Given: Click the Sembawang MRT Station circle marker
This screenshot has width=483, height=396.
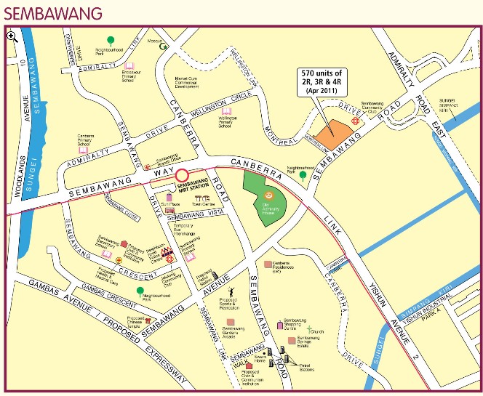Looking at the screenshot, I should coord(182,175).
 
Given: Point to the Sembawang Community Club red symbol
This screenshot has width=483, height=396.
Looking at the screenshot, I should coord(356,121).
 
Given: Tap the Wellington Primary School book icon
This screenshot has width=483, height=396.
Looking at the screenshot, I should coord(227,112).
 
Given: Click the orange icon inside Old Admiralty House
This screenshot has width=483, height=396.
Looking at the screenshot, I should coord(268,195).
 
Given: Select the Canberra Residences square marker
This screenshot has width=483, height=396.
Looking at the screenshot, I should coord(268,264).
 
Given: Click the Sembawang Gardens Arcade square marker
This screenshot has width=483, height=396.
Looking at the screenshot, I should coord(231,322).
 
